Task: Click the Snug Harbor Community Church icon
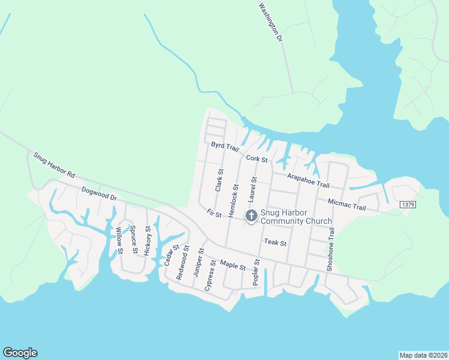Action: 251,215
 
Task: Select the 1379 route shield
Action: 407,205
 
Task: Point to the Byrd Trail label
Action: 225,147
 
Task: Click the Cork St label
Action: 257,159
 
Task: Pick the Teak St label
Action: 276,243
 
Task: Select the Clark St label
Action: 219,180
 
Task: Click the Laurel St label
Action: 253,189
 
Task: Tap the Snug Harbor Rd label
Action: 54,165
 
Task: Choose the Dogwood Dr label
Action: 98,193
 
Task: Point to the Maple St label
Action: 233,264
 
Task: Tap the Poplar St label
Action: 257,272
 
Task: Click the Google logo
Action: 20,353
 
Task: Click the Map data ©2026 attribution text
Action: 423,355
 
